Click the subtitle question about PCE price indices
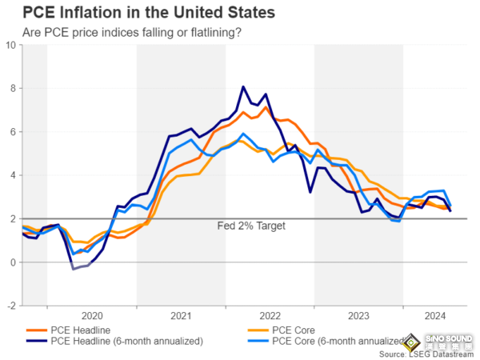pos(133,32)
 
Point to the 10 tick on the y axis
pos(11,45)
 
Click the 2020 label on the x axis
pos(91,315)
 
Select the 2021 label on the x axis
pos(180,315)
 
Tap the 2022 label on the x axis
pos(270,315)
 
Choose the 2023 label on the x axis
pos(358,315)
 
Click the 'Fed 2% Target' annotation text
pos(251,226)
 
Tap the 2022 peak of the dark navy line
pos(243,86)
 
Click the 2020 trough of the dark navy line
pos(73,269)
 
